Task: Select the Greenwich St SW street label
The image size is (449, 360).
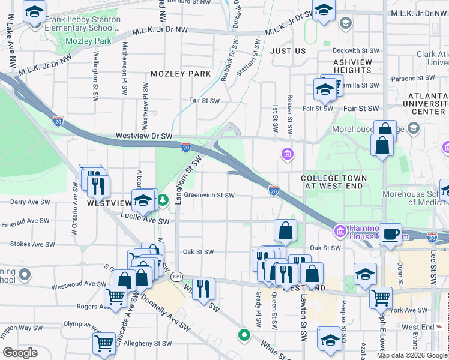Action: [209, 195]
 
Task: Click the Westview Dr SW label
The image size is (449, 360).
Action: [144, 136]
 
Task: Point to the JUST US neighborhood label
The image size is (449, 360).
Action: [288, 51]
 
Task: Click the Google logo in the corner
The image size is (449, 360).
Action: [20, 353]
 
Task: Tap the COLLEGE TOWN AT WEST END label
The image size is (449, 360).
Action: [340, 182]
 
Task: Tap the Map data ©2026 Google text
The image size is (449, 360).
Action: [412, 355]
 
